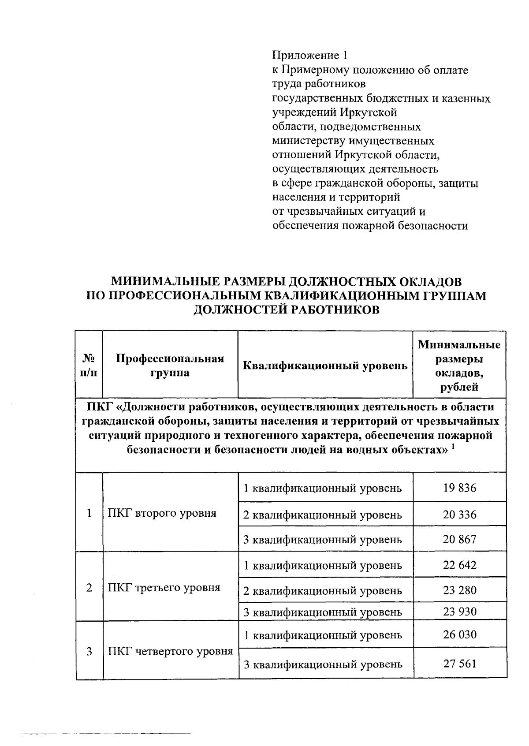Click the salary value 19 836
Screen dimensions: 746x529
tap(459, 488)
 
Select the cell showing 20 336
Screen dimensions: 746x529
tap(459, 515)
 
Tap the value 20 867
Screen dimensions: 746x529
tap(459, 539)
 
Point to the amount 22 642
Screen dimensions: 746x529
tap(459, 565)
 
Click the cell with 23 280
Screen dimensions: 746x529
tap(459, 590)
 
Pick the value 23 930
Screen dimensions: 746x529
tap(459, 612)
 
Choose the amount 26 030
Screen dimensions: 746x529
tap(459, 634)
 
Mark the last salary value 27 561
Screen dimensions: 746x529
tap(459, 664)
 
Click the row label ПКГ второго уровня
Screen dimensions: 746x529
tap(162, 513)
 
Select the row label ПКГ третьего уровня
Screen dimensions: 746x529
tap(164, 588)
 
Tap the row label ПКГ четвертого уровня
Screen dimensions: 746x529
tap(170, 651)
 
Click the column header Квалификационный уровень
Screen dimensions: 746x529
tap(325, 366)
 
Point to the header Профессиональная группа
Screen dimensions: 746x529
tap(170, 366)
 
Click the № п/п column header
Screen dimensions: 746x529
tap(89, 366)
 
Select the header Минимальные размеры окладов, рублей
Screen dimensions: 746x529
tap(459, 366)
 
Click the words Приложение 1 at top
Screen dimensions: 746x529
tap(310, 55)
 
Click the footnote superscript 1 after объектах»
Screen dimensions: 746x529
tap(453, 447)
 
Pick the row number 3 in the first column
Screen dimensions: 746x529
tap(89, 651)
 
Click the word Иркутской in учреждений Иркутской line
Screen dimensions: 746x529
tap(369, 112)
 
